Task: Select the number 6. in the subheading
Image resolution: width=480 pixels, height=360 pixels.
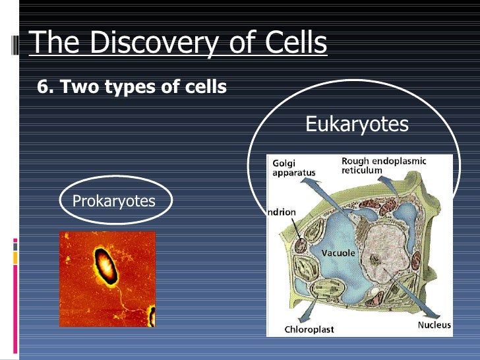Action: (47, 87)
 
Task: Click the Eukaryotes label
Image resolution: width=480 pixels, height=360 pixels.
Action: (357, 124)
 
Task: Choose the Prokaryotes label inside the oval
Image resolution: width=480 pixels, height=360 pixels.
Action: (113, 200)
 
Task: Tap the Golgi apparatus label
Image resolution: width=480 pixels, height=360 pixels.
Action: (293, 167)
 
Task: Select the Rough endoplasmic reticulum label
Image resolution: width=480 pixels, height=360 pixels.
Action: (383, 165)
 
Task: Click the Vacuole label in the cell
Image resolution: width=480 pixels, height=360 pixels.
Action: (338, 253)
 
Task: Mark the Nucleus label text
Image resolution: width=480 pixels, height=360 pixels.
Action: (434, 324)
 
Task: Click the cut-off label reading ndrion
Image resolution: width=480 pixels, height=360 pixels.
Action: (282, 212)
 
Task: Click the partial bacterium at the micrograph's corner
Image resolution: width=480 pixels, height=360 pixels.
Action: (152, 316)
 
